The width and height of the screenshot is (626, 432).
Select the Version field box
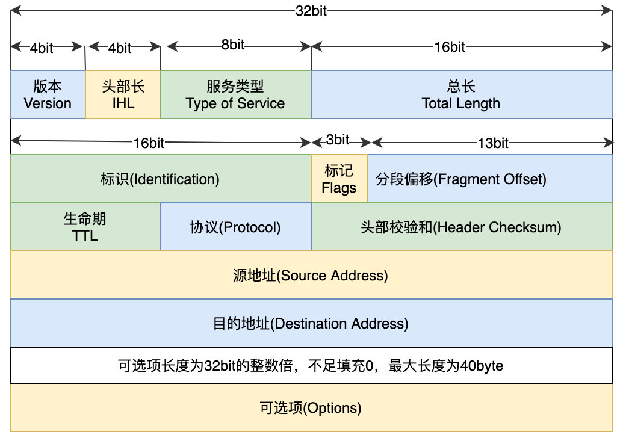pos(48,94)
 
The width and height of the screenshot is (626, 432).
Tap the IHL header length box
pos(123,94)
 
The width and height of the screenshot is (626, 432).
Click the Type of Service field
pos(235,94)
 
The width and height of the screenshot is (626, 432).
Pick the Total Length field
pos(461,94)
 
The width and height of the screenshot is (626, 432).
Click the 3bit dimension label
pos(338,141)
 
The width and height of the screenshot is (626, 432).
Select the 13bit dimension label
pos(493,142)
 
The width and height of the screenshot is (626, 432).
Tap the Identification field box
pos(160,179)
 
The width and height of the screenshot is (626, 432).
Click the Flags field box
pos(339,179)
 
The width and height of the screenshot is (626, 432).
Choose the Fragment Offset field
pos(461,179)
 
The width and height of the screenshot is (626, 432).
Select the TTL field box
pos(85,227)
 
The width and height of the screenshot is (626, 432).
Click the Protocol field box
pos(235,227)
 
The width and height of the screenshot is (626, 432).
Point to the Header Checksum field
pos(461,227)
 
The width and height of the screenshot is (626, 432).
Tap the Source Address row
pos(311,275)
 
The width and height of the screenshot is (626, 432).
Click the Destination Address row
pos(311,323)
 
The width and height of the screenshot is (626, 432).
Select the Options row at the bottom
pos(311,407)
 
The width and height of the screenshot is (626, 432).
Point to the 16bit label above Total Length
pos(450,47)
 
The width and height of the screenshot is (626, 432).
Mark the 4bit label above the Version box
pos(41,48)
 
